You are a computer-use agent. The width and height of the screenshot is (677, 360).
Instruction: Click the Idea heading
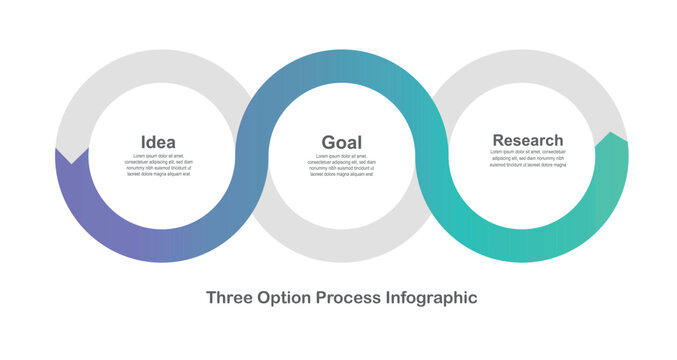pos(158,142)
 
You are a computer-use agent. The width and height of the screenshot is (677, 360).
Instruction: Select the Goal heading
pos(341,142)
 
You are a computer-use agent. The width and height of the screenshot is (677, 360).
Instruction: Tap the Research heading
pos(527,140)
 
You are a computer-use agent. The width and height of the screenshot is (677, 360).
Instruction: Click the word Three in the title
pos(230,297)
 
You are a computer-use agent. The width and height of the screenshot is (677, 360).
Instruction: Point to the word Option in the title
pos(285,297)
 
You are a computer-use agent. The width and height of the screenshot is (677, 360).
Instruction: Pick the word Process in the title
pos(348,297)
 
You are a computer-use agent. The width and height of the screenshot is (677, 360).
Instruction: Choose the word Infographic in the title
pos(431,297)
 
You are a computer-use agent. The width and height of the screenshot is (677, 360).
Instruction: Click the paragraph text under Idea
pos(158,165)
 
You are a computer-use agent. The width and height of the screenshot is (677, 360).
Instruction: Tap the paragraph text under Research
pos(527,159)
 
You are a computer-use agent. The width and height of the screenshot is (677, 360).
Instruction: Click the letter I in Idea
pos(144,142)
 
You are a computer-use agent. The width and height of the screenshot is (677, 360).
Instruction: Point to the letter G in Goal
pos(328,142)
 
